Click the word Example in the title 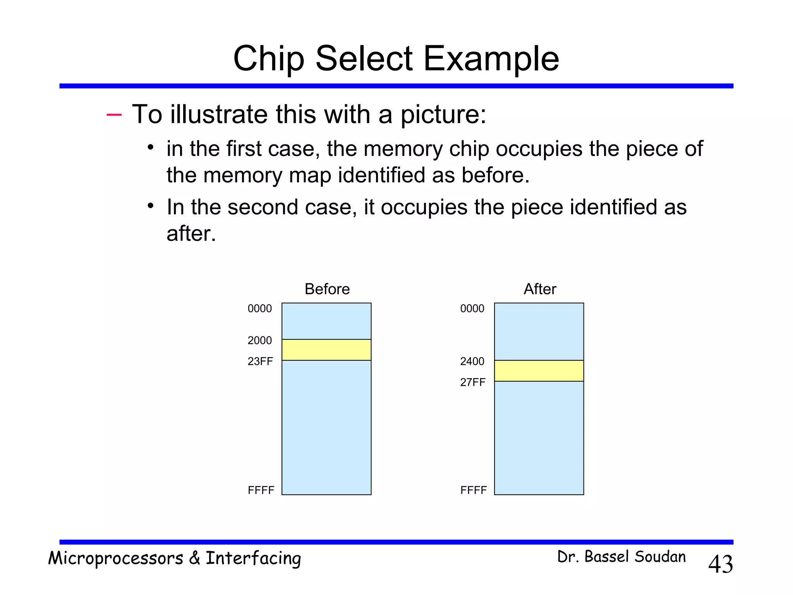[491, 59]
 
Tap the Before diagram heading [327, 289]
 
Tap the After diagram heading [539, 289]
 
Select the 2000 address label [259, 340]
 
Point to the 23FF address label [260, 361]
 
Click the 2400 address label [472, 361]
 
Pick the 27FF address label [472, 382]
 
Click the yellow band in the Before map [326, 350]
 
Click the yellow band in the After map [539, 371]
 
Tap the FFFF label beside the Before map [261, 490]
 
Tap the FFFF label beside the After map [473, 490]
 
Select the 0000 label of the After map [472, 309]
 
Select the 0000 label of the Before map [259, 309]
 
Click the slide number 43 [720, 564]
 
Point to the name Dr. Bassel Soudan [621, 557]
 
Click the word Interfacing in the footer [253, 559]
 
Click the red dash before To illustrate [114, 114]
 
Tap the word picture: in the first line [443, 115]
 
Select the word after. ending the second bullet [191, 234]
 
